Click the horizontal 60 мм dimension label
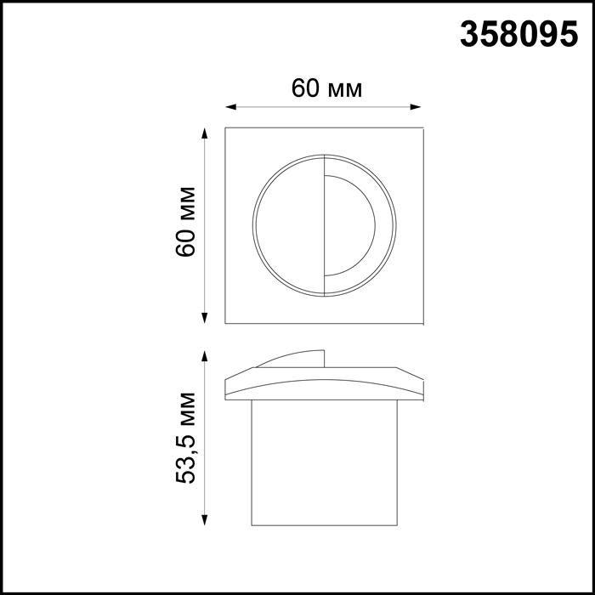coord(326,88)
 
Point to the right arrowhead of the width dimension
coord(417,107)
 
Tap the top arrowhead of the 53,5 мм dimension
coord(204,356)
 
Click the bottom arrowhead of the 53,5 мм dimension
coord(204,519)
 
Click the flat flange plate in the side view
coord(323,386)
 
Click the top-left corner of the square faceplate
coord(225,129)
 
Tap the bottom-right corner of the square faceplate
coord(422,323)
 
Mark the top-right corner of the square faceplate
coord(422,129)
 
